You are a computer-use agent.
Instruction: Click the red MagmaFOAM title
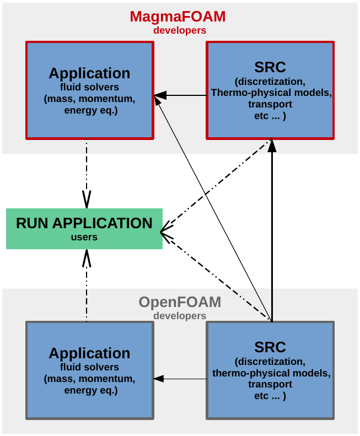(x=178, y=17)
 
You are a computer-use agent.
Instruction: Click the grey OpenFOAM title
(x=180, y=302)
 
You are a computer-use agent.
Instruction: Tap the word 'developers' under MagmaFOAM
(x=180, y=30)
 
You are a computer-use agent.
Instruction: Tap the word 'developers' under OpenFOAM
(x=180, y=316)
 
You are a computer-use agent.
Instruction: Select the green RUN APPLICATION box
(x=84, y=228)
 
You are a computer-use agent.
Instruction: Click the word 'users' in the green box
(x=84, y=237)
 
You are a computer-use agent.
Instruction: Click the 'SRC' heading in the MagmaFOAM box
(x=270, y=67)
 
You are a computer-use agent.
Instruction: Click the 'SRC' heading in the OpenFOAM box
(x=270, y=347)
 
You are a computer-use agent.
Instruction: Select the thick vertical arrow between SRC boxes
(x=272, y=232)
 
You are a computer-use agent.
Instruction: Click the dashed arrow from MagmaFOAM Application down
(x=87, y=171)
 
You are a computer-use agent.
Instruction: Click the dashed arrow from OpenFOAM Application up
(x=87, y=287)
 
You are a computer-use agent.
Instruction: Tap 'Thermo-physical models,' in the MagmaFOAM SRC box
(x=271, y=93)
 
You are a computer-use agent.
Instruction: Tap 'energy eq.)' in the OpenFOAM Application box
(x=90, y=390)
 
